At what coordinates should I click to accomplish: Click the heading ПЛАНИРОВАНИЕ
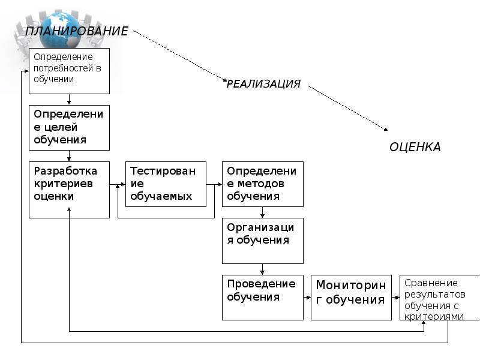click(x=76, y=31)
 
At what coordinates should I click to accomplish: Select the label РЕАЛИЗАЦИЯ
click(x=263, y=84)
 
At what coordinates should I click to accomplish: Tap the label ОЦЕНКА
click(x=415, y=147)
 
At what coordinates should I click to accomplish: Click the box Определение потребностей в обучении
click(x=70, y=71)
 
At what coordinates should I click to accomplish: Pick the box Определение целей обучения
click(x=70, y=127)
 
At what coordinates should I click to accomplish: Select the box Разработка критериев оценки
click(x=70, y=189)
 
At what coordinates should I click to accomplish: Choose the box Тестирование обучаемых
click(x=166, y=184)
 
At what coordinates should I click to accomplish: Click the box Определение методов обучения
click(x=262, y=184)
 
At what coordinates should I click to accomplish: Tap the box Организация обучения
click(x=262, y=240)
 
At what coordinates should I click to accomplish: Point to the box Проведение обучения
click(x=262, y=297)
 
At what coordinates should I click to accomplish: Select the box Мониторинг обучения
click(x=350, y=297)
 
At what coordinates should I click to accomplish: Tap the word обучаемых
click(x=161, y=196)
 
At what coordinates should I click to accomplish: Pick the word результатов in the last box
click(x=434, y=294)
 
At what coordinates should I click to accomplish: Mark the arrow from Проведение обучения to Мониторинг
click(x=307, y=297)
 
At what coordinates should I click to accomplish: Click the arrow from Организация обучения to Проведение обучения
click(x=262, y=269)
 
